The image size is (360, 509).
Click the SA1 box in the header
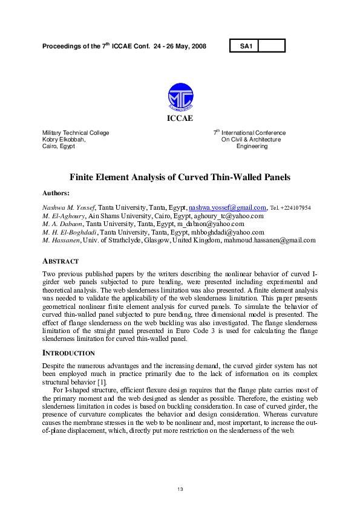244,46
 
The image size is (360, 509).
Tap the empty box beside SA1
271,46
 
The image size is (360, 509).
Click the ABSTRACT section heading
61,261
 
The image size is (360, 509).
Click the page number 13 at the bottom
180,488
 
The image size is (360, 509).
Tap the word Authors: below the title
56,193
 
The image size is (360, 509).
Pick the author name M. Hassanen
61,240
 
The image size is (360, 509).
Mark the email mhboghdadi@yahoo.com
227,232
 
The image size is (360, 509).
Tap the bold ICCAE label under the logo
180,118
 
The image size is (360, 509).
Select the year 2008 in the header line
198,46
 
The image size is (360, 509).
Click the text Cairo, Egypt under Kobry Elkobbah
59,146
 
